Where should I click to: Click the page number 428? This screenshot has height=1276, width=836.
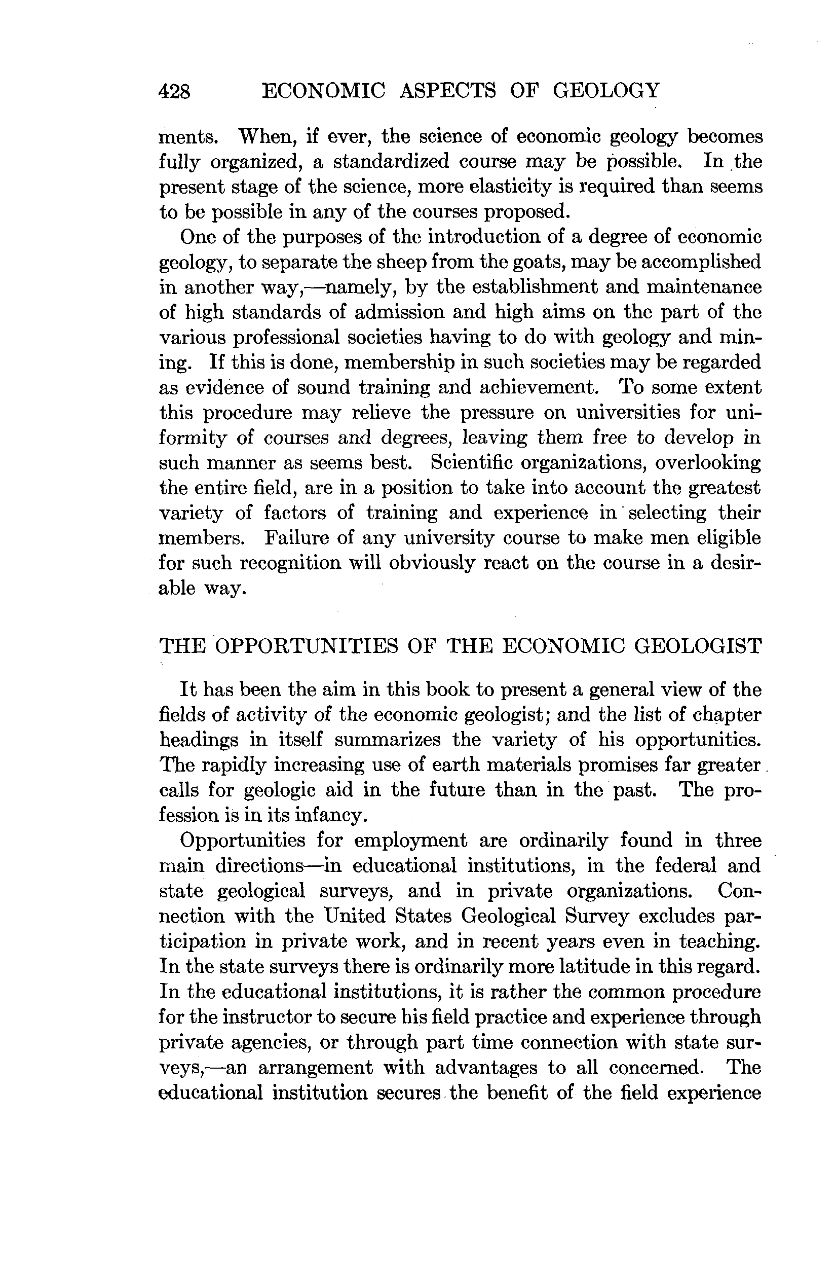[x=175, y=91]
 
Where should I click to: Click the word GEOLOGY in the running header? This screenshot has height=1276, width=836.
[x=606, y=90]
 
